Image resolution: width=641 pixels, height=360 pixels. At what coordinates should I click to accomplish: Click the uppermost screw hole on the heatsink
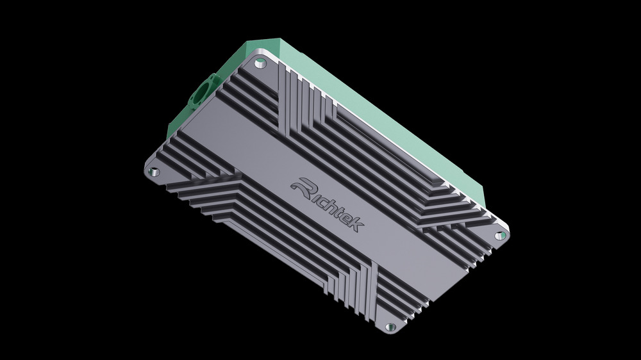260,63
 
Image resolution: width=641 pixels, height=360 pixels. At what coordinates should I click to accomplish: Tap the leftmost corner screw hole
154,172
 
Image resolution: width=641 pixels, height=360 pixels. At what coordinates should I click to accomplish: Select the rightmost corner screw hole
501,236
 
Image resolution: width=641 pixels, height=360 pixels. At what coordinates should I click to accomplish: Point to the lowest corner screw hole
390,327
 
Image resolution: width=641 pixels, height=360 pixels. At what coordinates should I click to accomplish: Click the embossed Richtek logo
328,204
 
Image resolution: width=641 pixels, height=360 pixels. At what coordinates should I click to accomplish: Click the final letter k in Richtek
356,224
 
